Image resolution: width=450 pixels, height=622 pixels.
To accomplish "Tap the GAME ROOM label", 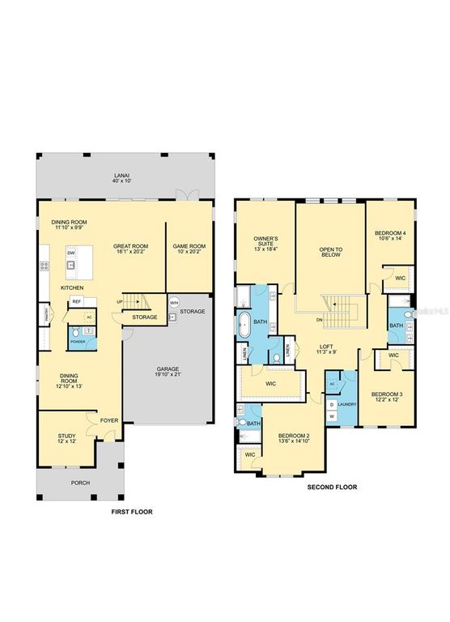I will tap(189, 246).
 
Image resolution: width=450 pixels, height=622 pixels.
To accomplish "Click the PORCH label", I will tap(80, 483).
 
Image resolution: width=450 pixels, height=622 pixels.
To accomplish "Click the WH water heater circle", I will tap(173, 304).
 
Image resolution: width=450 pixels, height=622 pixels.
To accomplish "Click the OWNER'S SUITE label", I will tap(266, 241).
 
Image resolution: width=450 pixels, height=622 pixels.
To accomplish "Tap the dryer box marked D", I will tap(332, 403).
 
